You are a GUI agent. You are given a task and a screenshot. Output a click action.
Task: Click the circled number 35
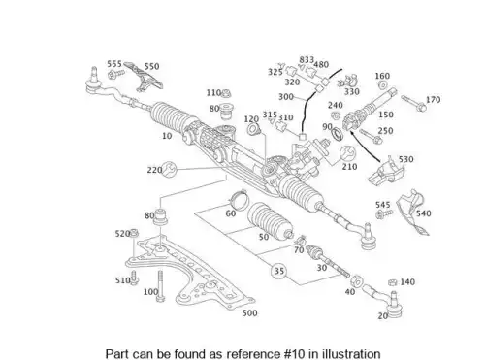(278, 271)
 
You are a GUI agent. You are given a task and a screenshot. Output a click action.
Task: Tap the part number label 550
(151, 66)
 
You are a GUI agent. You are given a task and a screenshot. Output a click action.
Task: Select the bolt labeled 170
(413, 103)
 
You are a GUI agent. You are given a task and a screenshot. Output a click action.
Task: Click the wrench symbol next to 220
(170, 169)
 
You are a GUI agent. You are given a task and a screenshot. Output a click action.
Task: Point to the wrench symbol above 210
(348, 153)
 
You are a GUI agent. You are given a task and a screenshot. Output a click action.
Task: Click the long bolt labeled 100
(160, 286)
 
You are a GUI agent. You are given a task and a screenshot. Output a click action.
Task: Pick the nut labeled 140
(393, 282)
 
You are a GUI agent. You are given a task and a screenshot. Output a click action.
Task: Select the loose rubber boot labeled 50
(270, 221)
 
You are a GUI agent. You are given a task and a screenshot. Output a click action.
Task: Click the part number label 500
(250, 313)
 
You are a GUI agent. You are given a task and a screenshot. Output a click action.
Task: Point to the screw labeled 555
(116, 75)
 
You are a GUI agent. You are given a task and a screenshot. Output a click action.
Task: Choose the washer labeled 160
(383, 85)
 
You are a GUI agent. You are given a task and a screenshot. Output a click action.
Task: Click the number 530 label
(405, 159)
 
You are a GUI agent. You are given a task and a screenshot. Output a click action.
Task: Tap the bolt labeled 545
(384, 213)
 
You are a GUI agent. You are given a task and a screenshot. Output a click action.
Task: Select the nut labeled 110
(226, 94)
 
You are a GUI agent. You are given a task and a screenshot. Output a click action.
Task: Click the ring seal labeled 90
(338, 134)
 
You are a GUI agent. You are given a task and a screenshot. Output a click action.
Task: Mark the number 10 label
(167, 136)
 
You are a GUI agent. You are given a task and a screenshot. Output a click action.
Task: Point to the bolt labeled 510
(135, 278)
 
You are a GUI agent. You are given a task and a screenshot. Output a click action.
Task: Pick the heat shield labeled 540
(414, 211)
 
